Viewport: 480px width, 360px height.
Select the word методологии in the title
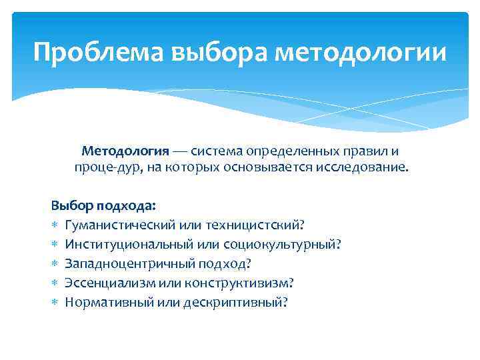pyautogui.click(x=361, y=51)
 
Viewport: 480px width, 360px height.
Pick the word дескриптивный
pyautogui.click(x=239, y=302)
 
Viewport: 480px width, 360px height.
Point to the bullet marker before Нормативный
pyautogui.click(x=55, y=303)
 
